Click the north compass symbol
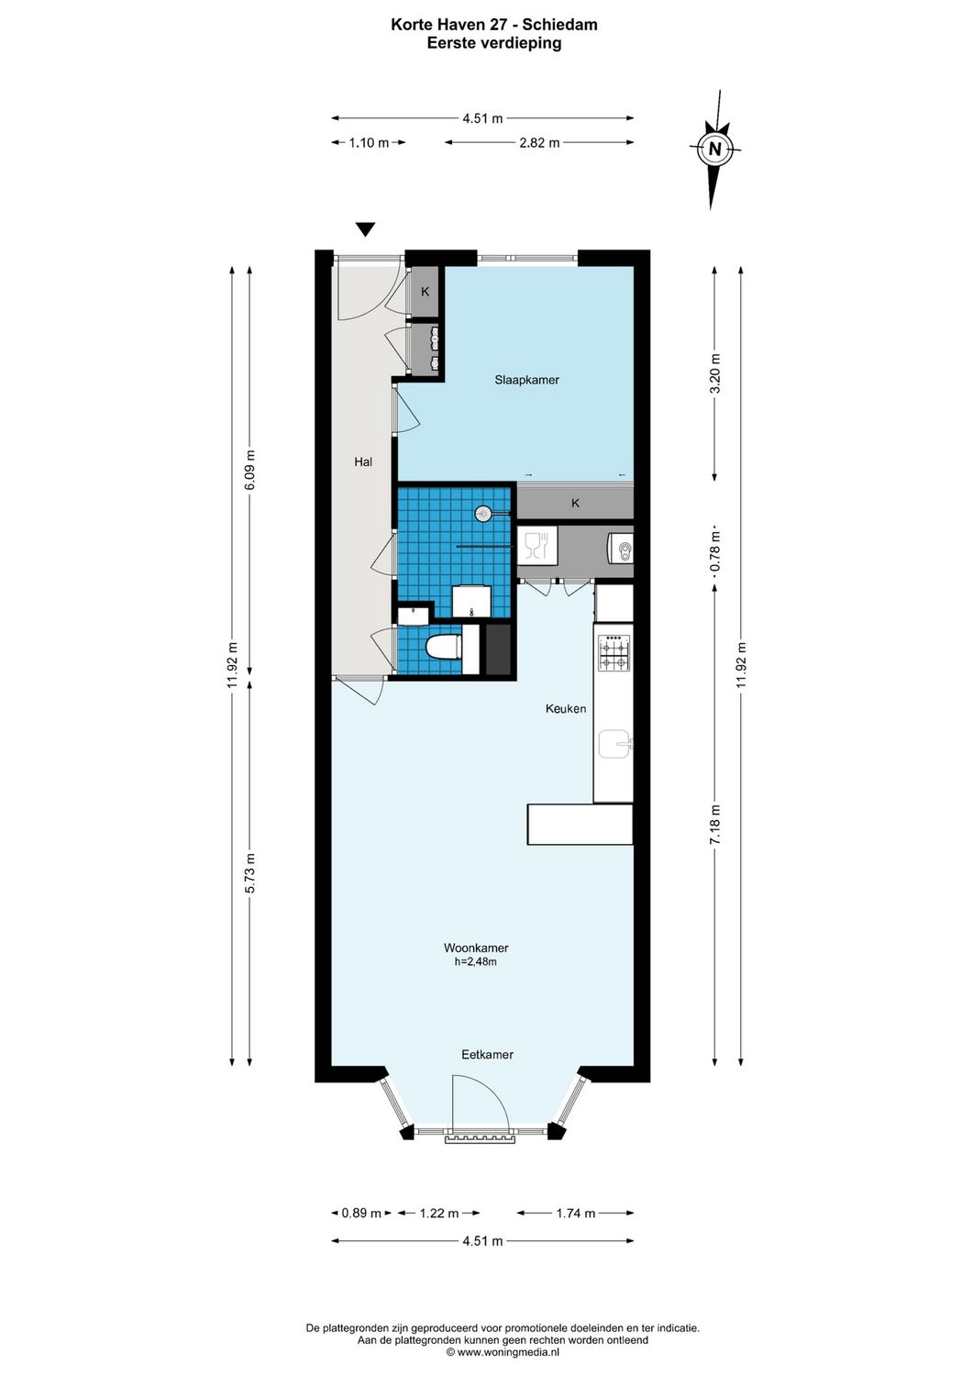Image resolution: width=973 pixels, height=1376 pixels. coord(715,149)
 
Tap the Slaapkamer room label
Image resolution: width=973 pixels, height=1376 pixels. coord(526,380)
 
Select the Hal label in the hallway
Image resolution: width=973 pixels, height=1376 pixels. coord(363,462)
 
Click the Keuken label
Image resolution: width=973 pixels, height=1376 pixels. coord(566,709)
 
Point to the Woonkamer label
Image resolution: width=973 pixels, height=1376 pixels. coord(476,949)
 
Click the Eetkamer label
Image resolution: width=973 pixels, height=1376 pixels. coord(487,1055)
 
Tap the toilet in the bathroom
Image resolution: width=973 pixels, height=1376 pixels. coord(444,647)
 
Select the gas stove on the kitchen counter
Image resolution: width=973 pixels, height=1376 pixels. coord(614,652)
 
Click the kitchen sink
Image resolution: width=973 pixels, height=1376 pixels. coord(614,744)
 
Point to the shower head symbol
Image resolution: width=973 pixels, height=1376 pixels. coord(483,515)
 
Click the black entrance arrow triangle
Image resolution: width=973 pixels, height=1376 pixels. coord(366,230)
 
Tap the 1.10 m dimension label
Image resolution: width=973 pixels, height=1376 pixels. coord(369,143)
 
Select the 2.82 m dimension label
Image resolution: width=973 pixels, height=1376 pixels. coord(539,143)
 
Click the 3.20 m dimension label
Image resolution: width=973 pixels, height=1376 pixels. coord(716,373)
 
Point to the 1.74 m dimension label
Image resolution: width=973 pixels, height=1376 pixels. coord(576,1214)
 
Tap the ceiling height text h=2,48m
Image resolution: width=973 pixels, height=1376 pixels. coord(476,962)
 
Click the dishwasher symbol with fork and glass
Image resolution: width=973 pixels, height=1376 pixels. coord(535,545)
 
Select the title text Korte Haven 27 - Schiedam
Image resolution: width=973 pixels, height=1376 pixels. coord(493,25)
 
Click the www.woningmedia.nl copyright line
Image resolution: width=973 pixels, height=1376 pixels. coord(503,1352)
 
